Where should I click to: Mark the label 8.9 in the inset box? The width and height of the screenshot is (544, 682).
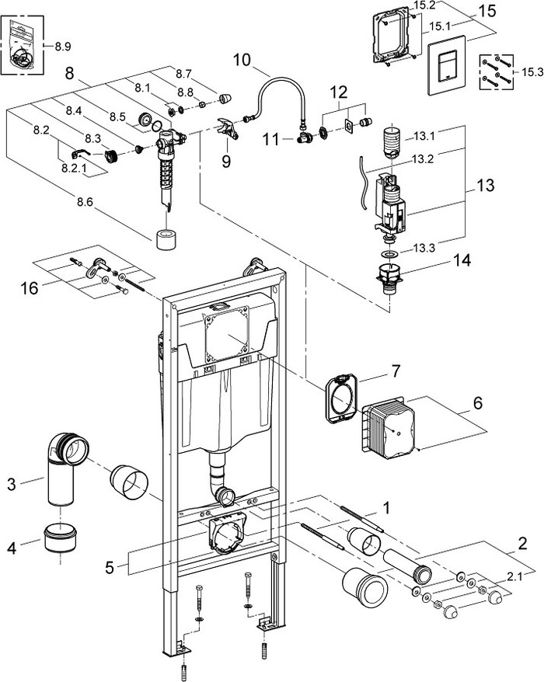click(x=63, y=47)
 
